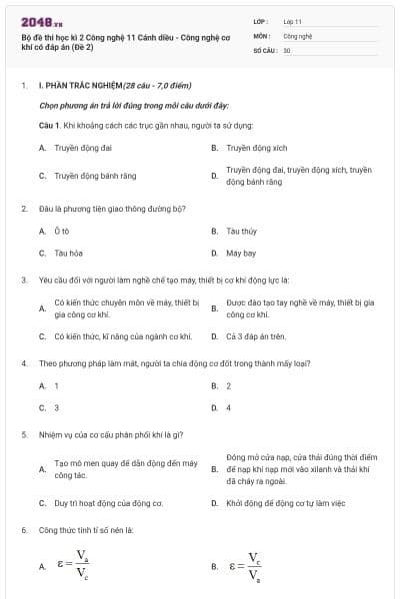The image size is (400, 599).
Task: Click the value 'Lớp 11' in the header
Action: click(x=293, y=20)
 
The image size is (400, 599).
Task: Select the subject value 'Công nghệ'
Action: click(x=298, y=34)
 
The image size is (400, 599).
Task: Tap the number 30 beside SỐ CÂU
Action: click(x=287, y=49)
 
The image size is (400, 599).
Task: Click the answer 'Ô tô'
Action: click(x=61, y=231)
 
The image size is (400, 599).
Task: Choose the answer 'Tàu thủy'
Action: click(x=241, y=231)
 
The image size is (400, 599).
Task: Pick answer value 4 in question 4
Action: click(x=229, y=407)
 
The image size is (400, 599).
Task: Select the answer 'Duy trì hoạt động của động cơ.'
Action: click(x=108, y=503)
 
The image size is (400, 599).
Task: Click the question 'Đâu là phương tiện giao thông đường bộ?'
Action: click(x=109, y=209)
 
